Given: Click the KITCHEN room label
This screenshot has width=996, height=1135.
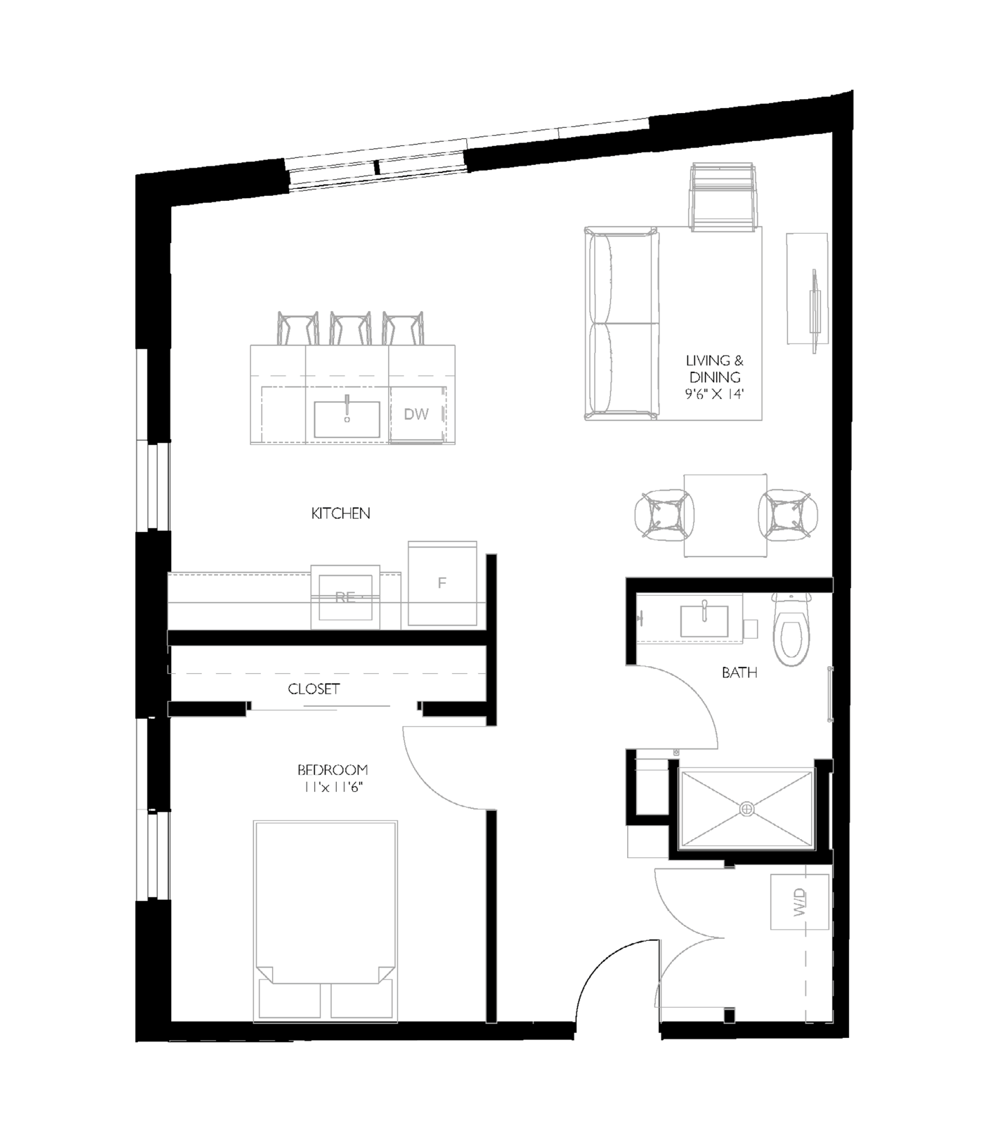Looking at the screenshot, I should pyautogui.click(x=340, y=513).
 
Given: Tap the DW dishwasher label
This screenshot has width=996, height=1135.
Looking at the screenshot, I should pyautogui.click(x=417, y=414).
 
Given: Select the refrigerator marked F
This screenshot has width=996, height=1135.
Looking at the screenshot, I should pyautogui.click(x=442, y=583).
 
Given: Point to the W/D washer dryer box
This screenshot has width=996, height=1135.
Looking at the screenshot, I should pyautogui.click(x=799, y=902).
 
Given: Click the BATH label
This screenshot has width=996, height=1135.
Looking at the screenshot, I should pyautogui.click(x=739, y=673).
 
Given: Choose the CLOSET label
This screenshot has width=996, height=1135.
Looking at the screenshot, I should pyautogui.click(x=313, y=689).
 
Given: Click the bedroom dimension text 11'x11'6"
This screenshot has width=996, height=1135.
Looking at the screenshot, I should pyautogui.click(x=333, y=787).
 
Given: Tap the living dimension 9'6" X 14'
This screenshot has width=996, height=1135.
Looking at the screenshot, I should pyautogui.click(x=714, y=394).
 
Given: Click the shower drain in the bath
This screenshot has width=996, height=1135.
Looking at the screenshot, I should pyautogui.click(x=746, y=809).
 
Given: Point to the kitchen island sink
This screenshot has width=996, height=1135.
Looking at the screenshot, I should pyautogui.click(x=347, y=419).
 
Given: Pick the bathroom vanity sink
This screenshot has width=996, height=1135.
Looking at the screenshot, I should pyautogui.click(x=704, y=620).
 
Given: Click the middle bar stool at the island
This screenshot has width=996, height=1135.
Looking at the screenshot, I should pyautogui.click(x=350, y=329).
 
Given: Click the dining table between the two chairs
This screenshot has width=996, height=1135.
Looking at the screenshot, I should pyautogui.click(x=725, y=515).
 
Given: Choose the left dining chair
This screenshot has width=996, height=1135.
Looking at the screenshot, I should pyautogui.click(x=664, y=515).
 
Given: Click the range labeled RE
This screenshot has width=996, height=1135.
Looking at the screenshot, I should pyautogui.click(x=345, y=597).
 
